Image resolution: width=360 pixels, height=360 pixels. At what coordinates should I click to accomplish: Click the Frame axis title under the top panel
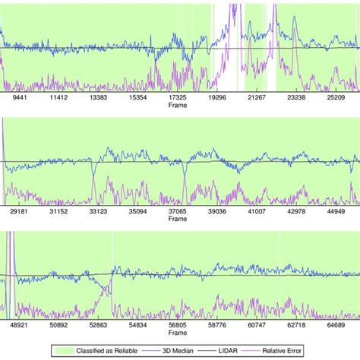[x=177, y=106]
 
